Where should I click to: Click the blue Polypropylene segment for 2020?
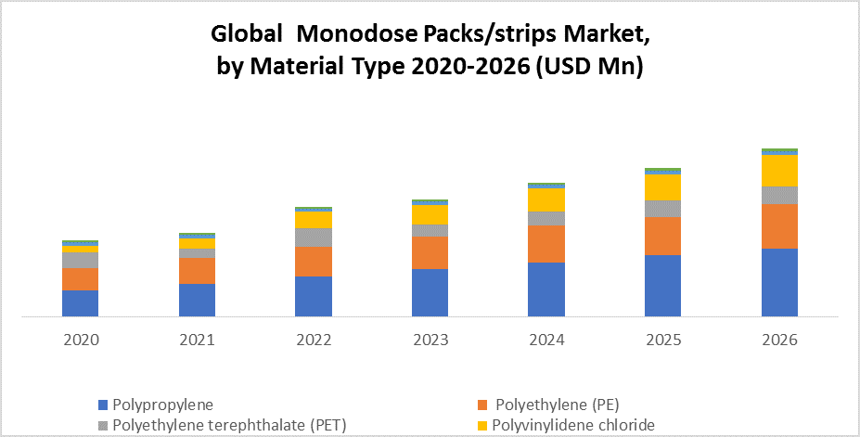tap(81, 303)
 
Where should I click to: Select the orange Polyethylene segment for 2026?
tap(779, 225)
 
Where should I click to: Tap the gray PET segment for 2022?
tap(314, 238)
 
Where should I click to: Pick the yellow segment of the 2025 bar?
tap(662, 187)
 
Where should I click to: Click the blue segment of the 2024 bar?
tap(546, 289)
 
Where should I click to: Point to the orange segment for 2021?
tap(197, 271)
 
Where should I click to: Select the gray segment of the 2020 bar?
tap(81, 260)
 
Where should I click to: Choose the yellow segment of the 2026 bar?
tap(779, 171)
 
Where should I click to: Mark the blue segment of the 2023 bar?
tap(430, 292)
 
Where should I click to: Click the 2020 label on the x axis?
tap(81, 341)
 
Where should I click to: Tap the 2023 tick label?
tap(430, 341)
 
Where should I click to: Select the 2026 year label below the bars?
tap(779, 341)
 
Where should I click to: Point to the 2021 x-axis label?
tap(197, 341)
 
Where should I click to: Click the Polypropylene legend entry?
tap(162, 405)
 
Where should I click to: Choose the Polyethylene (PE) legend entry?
tap(557, 405)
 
